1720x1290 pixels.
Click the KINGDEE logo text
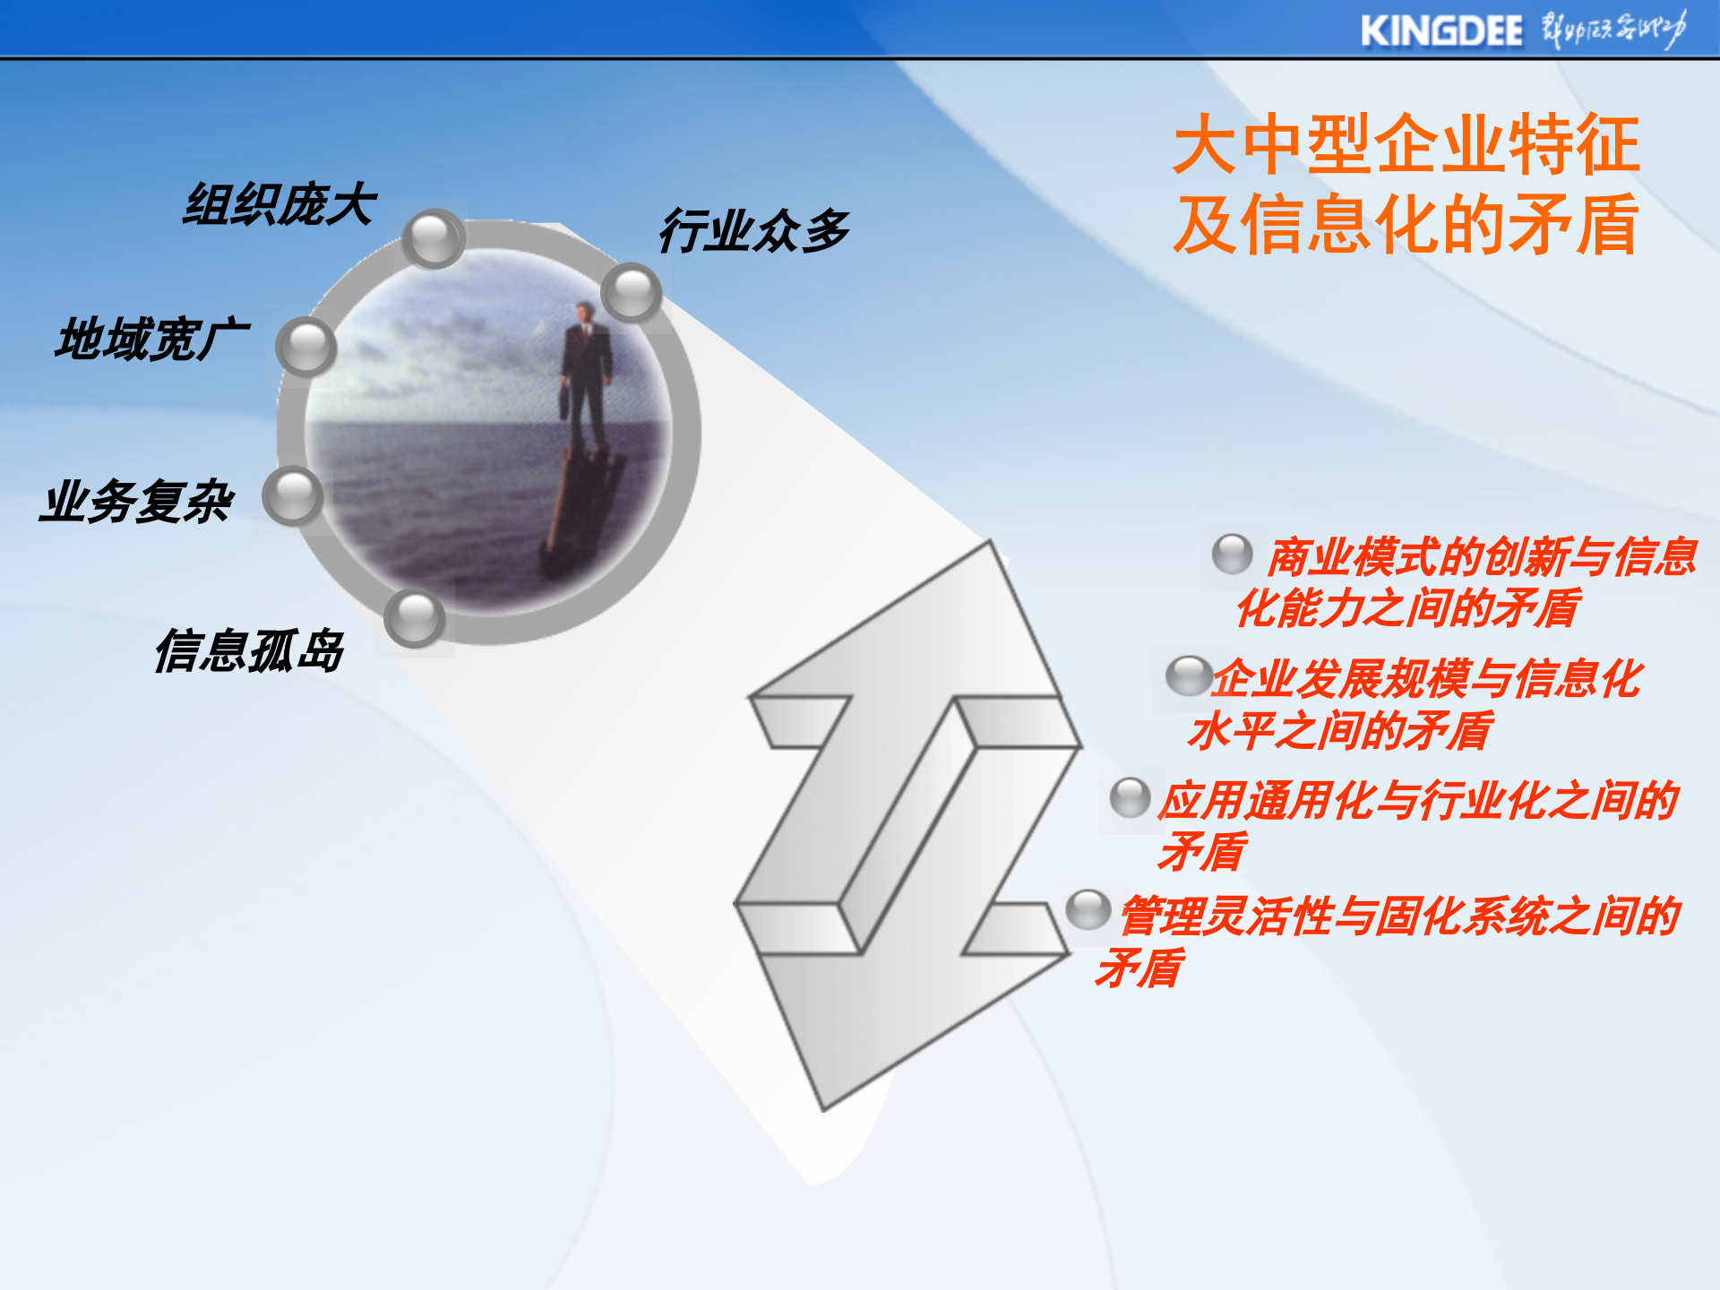pos(1440,31)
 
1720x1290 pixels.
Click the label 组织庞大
pos(279,204)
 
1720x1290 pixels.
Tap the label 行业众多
pos(754,230)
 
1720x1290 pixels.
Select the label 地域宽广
pos(151,340)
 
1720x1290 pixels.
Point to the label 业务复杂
pos(136,501)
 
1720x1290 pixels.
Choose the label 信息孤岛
pos(249,650)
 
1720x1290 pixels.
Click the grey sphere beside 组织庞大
pos(434,238)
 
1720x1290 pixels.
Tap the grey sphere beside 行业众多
pos(632,292)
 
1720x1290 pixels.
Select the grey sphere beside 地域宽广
pos(306,346)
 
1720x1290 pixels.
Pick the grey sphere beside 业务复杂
pos(293,495)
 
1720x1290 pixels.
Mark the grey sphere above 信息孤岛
pos(415,618)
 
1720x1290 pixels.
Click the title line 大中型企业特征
pos(1406,145)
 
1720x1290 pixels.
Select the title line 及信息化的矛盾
pos(1406,225)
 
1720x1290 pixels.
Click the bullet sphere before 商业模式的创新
pos(1233,555)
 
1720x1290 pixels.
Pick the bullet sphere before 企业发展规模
pos(1188,676)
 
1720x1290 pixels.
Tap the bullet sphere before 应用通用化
pos(1130,798)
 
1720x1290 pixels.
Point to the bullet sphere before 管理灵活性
pos(1088,910)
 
